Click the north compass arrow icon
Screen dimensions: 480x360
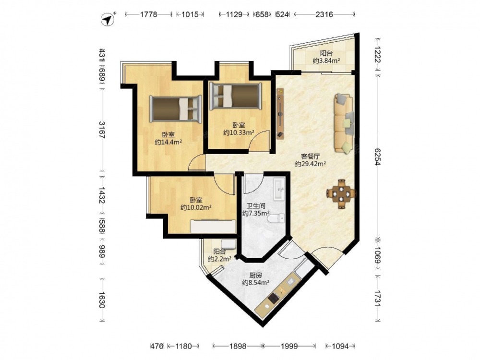pyautogui.click(x=108, y=19)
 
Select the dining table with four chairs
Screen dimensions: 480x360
pyautogui.click(x=341, y=194)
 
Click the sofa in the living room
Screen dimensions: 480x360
pyautogui.click(x=344, y=123)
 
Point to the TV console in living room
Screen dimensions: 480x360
pyautogui.click(x=280, y=114)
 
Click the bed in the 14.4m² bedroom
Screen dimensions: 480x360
pyautogui.click(x=176, y=109)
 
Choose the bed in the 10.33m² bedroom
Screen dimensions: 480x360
pyautogui.click(x=235, y=96)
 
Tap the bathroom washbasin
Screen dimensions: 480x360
pyautogui.click(x=279, y=189)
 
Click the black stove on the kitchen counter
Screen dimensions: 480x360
pyautogui.click(x=273, y=298)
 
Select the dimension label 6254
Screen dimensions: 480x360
pyautogui.click(x=378, y=157)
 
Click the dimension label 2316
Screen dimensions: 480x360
pyautogui.click(x=324, y=14)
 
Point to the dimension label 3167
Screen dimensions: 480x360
pyautogui.click(x=102, y=130)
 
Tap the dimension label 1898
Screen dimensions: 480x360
pyautogui.click(x=238, y=346)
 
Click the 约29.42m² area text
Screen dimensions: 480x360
pyautogui.click(x=310, y=164)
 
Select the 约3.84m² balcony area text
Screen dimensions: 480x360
pyautogui.click(x=326, y=60)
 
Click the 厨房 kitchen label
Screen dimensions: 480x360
pyautogui.click(x=255, y=275)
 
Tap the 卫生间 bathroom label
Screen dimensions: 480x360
pyautogui.click(x=256, y=206)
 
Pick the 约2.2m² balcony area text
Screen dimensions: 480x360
pyautogui.click(x=219, y=259)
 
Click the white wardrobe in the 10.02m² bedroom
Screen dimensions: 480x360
pyautogui.click(x=213, y=226)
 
